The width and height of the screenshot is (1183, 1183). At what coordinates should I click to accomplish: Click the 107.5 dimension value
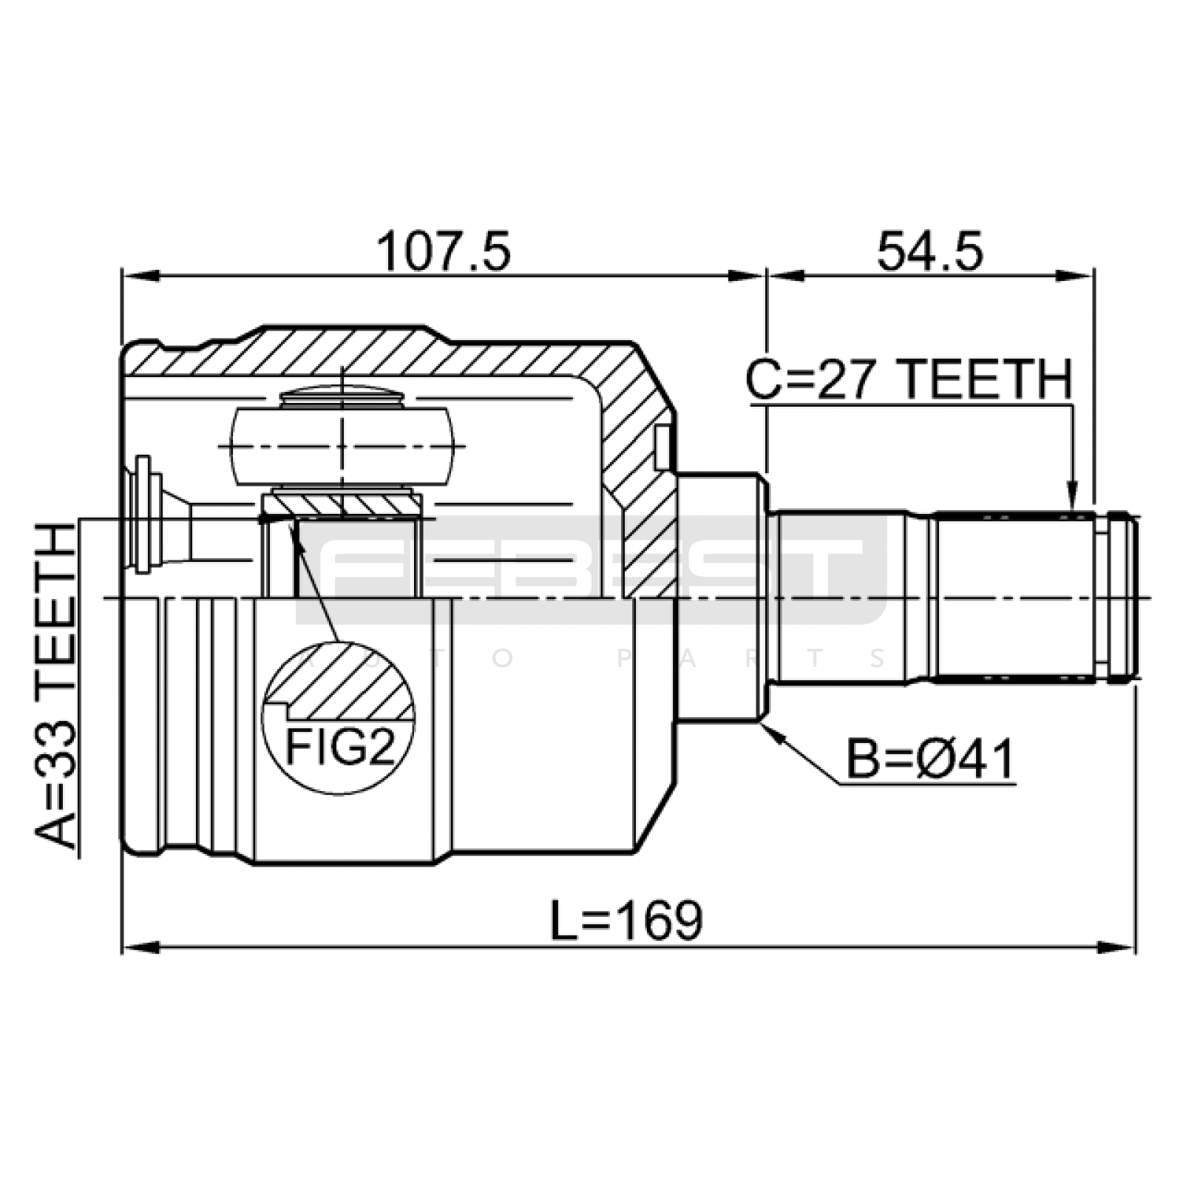tap(444, 252)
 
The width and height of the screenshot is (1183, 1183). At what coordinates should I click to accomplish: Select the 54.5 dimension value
tap(930, 252)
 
